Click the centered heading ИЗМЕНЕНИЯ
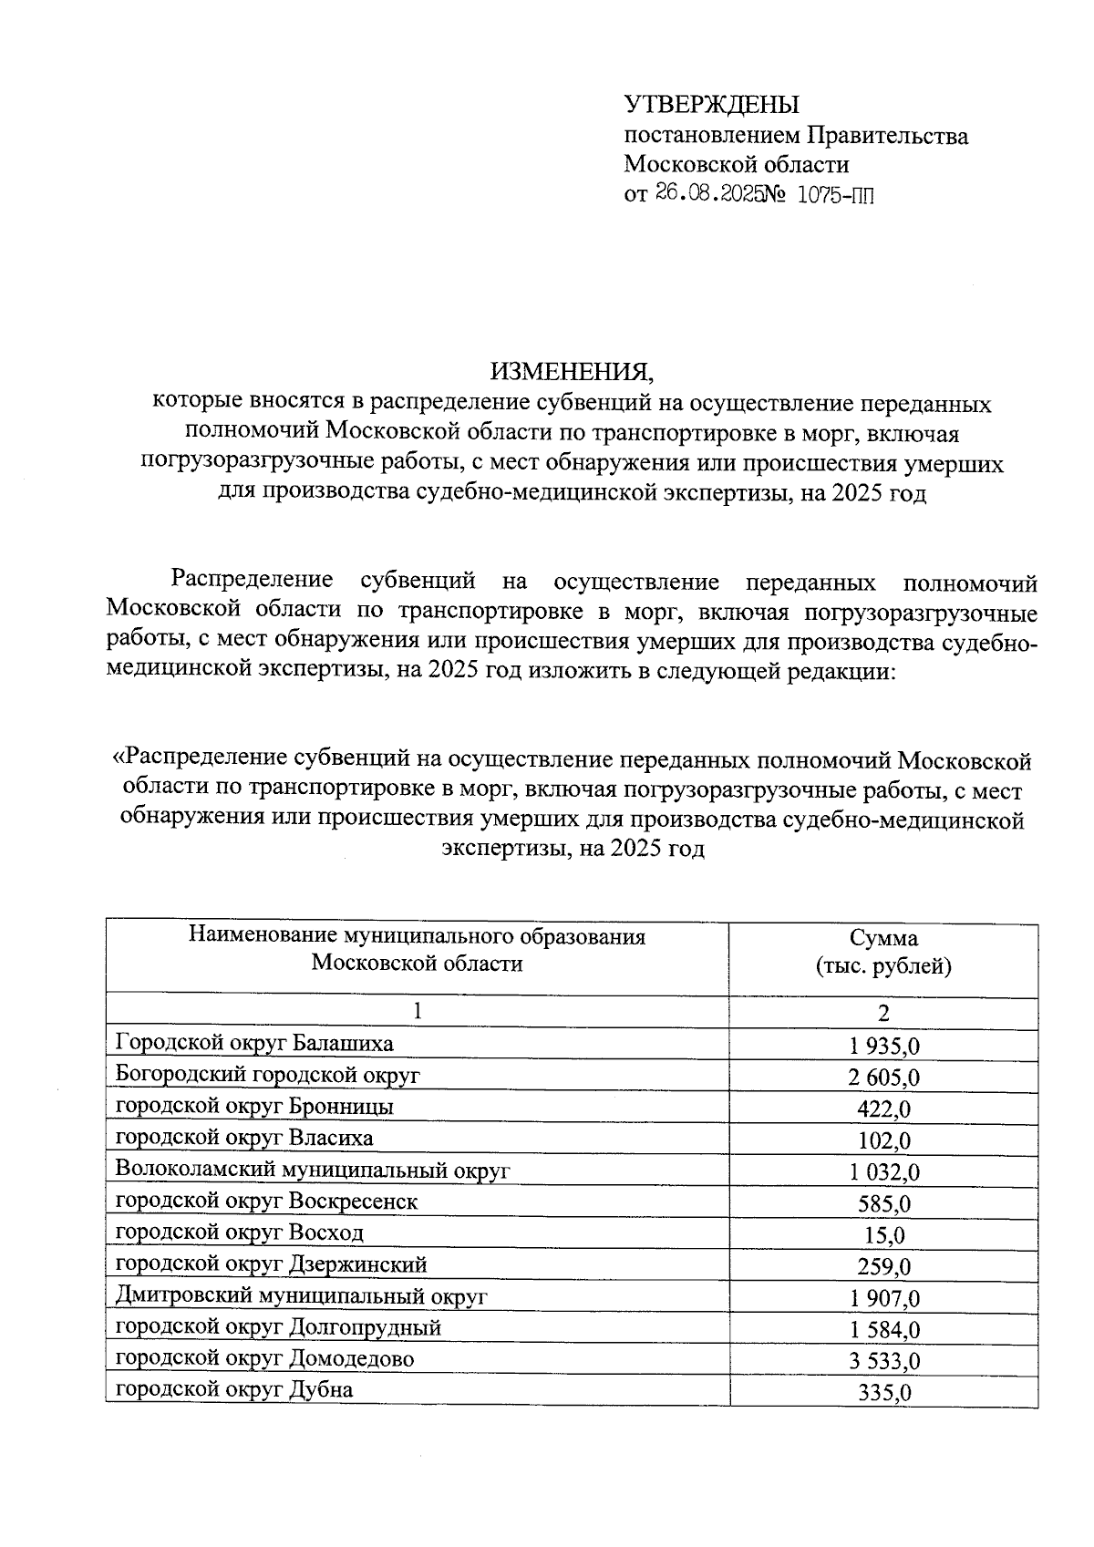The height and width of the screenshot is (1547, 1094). click(573, 371)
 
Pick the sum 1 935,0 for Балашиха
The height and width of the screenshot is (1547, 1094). click(883, 1046)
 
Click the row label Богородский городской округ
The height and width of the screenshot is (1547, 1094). click(268, 1075)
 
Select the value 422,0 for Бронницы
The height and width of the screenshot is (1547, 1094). click(883, 1109)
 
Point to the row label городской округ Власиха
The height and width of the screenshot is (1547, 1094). click(244, 1138)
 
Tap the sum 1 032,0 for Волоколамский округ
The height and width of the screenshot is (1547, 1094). click(883, 1171)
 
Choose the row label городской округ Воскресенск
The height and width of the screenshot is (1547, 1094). click(266, 1201)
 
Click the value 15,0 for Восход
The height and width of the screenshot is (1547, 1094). click(883, 1235)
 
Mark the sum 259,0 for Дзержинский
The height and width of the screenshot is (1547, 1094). click(883, 1266)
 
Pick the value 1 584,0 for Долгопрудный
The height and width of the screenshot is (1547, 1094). click(883, 1329)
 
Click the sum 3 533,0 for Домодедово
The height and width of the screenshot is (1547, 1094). click(883, 1361)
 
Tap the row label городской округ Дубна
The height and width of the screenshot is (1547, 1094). click(234, 1389)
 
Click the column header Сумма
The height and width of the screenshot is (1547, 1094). click(883, 939)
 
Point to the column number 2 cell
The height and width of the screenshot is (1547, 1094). click(883, 1013)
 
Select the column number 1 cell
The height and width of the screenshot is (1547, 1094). click(417, 1010)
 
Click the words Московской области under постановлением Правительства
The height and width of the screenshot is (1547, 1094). click(736, 165)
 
